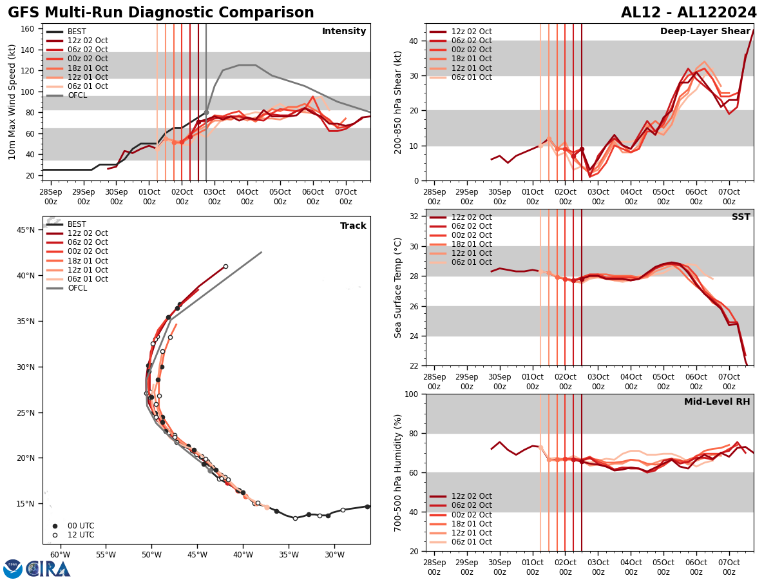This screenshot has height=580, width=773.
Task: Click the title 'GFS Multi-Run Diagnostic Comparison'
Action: [x=161, y=13]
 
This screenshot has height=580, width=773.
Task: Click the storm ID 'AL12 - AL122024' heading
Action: [x=689, y=13]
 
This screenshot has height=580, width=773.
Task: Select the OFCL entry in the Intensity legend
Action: [x=77, y=95]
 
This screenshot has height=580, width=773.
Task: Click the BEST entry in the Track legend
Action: [x=77, y=224]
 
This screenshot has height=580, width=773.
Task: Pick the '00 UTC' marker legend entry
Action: [x=76, y=526]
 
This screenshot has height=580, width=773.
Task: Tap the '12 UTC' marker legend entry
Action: [x=76, y=535]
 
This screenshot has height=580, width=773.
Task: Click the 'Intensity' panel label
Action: [x=344, y=32]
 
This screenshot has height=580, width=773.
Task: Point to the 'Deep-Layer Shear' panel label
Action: [x=705, y=32]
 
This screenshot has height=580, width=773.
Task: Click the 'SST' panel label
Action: [x=740, y=217]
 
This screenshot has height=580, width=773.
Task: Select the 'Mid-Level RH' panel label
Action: [x=717, y=402]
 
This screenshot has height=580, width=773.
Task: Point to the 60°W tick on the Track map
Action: [x=60, y=555]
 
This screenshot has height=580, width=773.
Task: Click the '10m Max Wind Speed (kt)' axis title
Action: [x=12, y=102]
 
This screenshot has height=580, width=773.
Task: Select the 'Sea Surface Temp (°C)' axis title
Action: [x=398, y=287]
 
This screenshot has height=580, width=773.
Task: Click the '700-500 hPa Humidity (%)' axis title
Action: [x=398, y=472]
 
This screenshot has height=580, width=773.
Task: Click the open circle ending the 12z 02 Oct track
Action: [x=225, y=266]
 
